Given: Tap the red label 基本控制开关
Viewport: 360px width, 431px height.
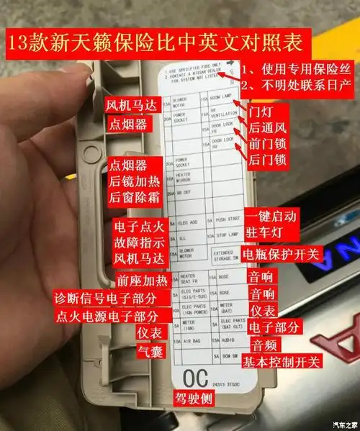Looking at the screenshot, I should [x=282, y=360].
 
